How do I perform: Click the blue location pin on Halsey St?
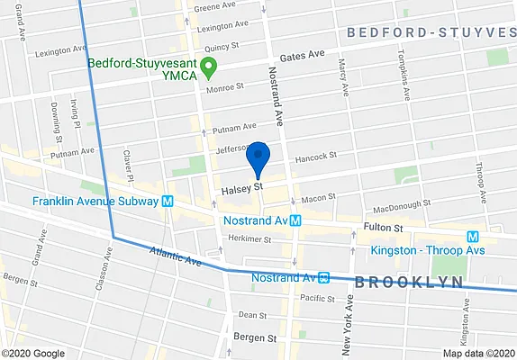(x=258, y=157)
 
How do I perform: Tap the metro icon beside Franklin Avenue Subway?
(x=168, y=202)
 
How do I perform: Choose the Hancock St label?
(x=314, y=156)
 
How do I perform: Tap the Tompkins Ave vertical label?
(x=404, y=72)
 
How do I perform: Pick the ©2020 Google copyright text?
(x=32, y=353)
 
